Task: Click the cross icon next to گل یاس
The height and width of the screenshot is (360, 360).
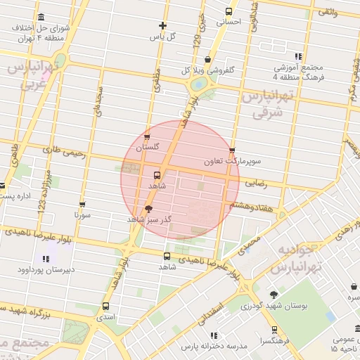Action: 162,25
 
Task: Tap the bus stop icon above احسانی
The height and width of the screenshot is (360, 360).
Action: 229,11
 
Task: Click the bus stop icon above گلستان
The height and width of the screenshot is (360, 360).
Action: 146,137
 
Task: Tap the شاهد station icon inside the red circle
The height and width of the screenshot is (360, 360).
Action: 155,174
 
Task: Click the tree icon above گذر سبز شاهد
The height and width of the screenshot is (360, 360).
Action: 148,209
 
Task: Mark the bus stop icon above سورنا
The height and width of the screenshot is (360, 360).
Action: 82,205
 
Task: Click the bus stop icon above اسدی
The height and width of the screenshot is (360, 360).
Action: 105,307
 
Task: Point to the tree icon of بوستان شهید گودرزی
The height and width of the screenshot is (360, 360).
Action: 274,295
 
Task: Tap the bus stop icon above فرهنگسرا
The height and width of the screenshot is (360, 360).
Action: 274,329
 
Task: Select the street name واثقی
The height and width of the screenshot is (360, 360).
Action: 327,12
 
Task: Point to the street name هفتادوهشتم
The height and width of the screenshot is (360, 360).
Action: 250,205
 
